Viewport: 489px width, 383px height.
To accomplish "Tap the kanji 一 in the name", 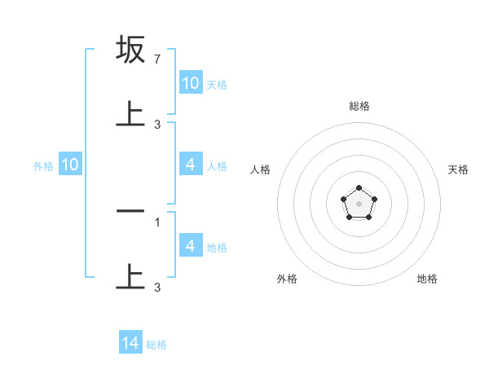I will coord(131,211).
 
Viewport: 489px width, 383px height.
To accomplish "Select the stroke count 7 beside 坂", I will coord(157,60).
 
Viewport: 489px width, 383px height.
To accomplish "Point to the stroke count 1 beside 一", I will coord(157,222).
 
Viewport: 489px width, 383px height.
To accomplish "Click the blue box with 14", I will coord(130,344).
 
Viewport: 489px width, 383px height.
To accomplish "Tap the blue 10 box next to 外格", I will coord(70,165).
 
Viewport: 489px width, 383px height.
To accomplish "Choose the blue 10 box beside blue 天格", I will coord(191,83).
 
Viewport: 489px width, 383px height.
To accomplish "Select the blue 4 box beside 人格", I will coord(191,165).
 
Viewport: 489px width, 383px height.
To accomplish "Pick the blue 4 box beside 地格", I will coord(191,246).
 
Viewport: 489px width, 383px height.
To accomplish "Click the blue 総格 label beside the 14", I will coord(156,345).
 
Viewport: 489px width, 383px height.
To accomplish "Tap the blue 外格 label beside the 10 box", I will coord(43,166).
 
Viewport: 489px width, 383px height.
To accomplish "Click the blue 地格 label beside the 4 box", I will coord(217,247).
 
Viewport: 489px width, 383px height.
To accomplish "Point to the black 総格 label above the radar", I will coord(359,106).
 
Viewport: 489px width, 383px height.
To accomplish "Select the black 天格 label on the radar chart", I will coord(459,169).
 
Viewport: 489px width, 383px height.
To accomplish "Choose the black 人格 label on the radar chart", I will coord(261,169).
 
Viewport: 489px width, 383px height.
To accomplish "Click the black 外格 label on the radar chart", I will coord(287,279).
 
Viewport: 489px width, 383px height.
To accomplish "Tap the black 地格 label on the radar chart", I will coord(427,279).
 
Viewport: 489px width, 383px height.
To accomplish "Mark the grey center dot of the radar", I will coord(359,203).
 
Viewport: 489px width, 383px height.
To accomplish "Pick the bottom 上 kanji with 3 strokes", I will coord(131,276).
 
